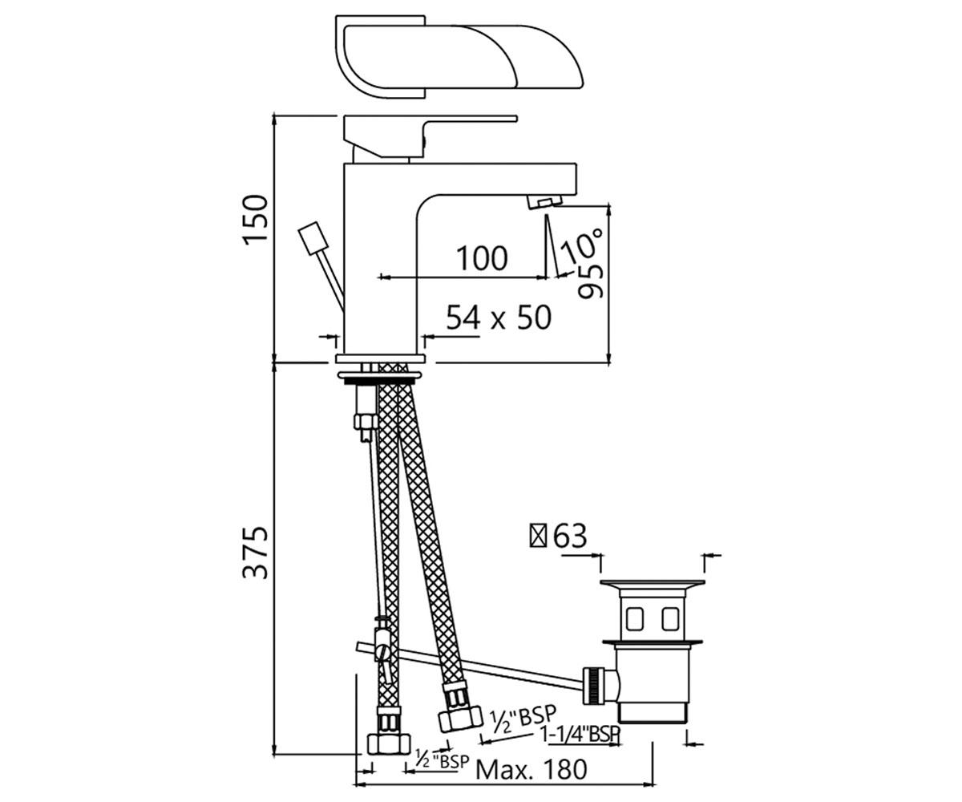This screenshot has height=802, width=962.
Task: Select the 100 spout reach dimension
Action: tap(482, 258)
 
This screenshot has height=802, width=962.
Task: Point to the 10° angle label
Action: tap(581, 246)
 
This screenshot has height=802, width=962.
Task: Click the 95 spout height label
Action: tap(591, 282)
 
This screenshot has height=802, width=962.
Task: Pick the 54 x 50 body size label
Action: tap(499, 317)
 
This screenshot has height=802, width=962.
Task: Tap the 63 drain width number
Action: tap(570, 536)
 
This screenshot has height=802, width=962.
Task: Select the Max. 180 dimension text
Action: tap(532, 770)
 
